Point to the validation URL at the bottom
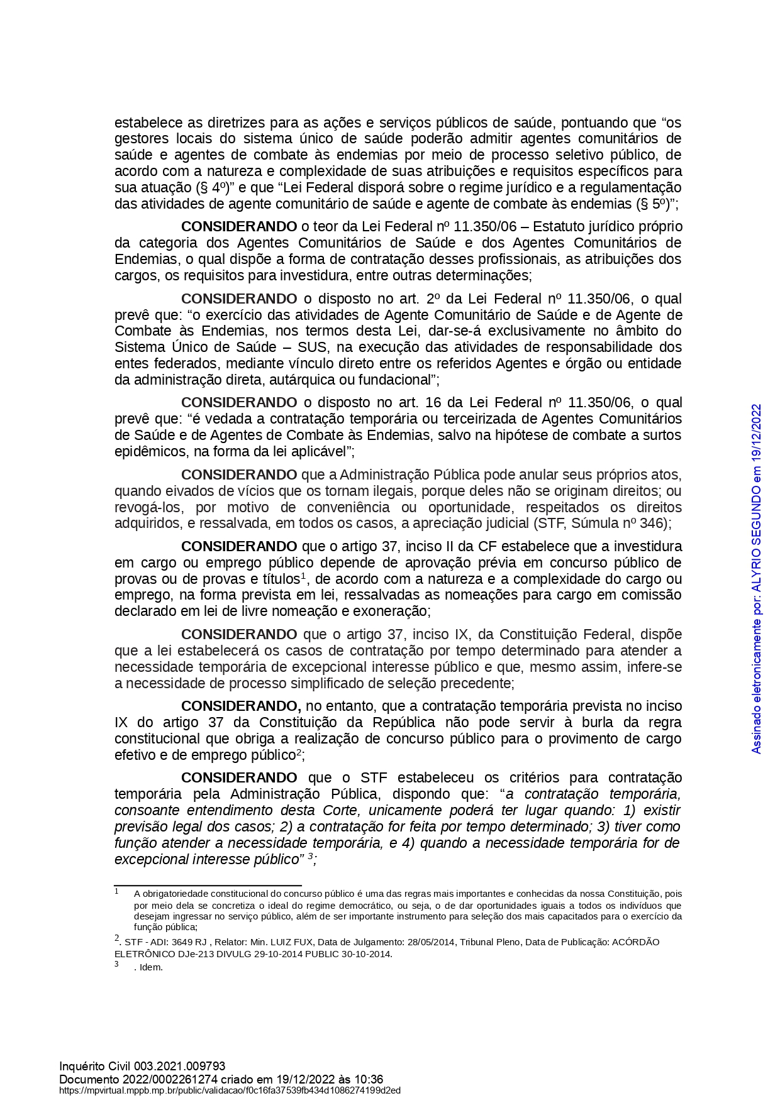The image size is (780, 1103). [x=230, y=1090]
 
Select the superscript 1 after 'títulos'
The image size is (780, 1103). [x=303, y=576]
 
